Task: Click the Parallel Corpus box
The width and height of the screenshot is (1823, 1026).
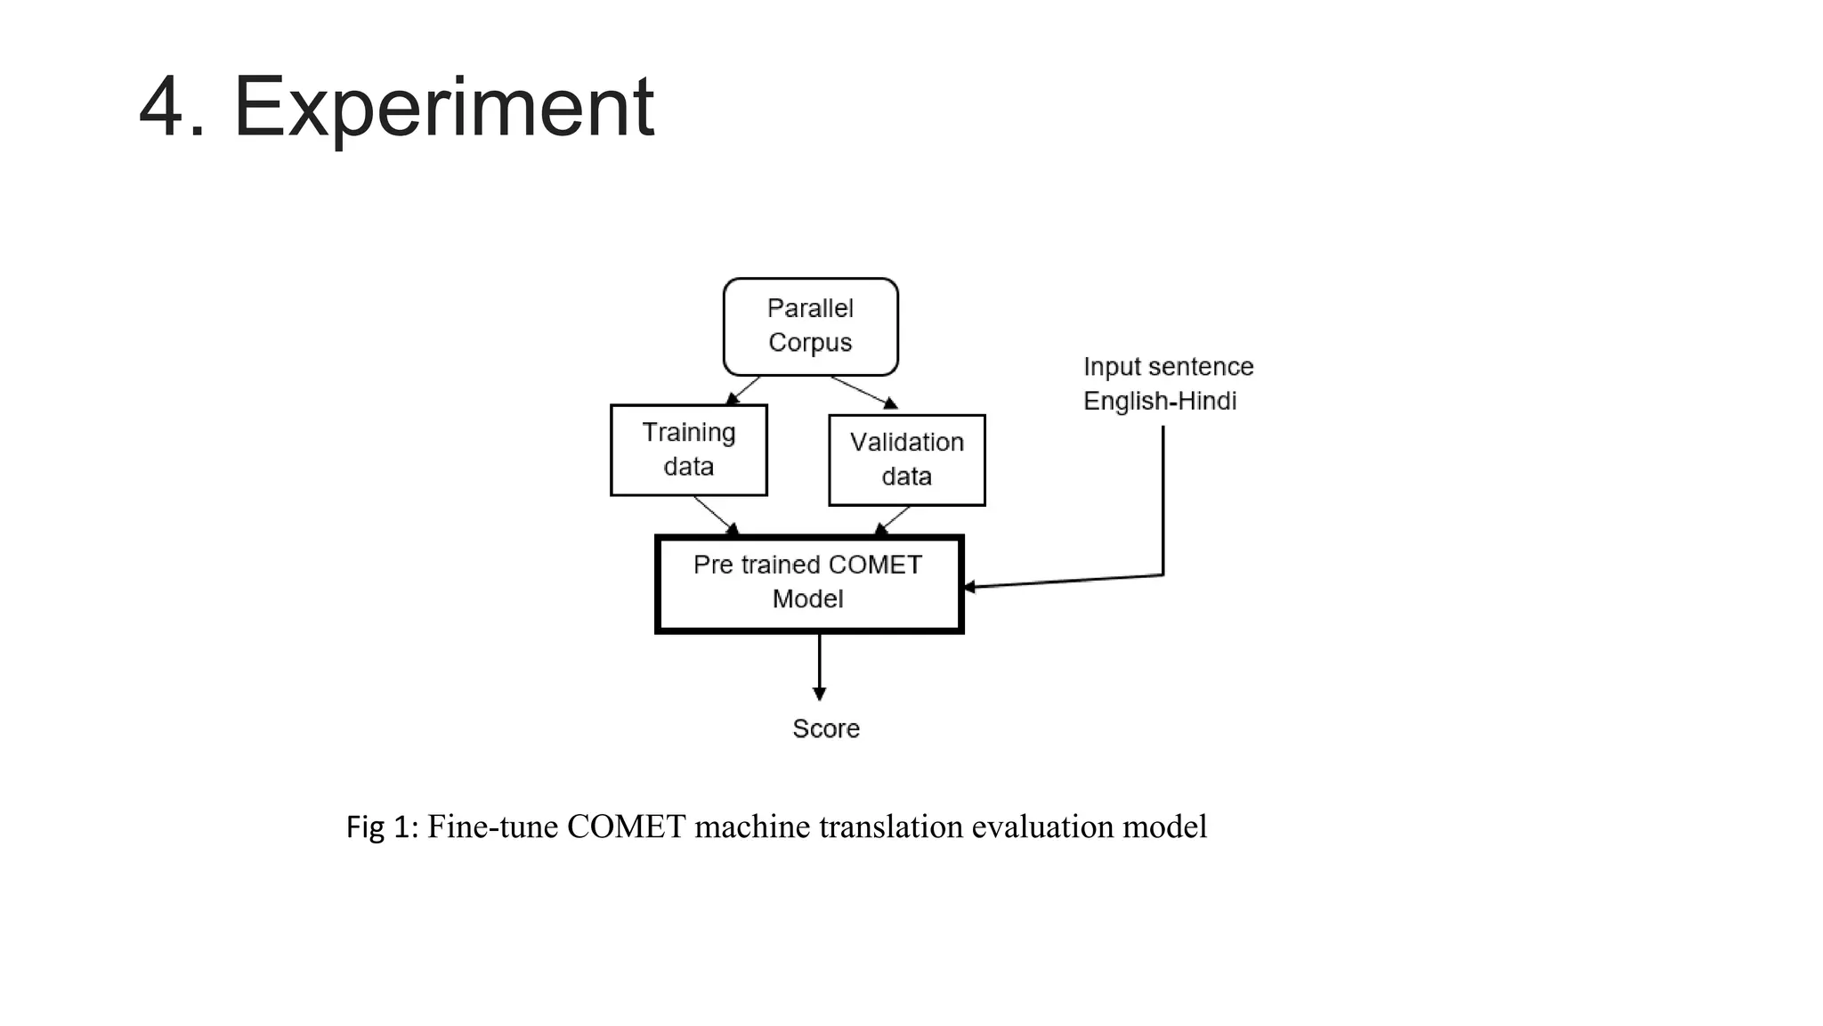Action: pyautogui.click(x=810, y=326)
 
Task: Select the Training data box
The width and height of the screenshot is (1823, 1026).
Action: pyautogui.click(x=688, y=450)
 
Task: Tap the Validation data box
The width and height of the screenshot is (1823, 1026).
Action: pyautogui.click(x=906, y=460)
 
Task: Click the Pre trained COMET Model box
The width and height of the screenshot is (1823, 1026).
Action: pyautogui.click(x=808, y=583)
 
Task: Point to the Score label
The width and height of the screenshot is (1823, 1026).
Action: pyautogui.click(x=825, y=729)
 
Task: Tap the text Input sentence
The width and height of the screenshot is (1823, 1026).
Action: pyautogui.click(x=1168, y=366)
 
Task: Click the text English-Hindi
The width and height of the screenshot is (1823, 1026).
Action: pyautogui.click(x=1160, y=401)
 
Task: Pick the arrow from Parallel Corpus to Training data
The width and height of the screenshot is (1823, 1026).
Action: pyautogui.click(x=744, y=390)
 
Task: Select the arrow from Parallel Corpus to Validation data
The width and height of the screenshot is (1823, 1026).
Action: pyautogui.click(x=863, y=392)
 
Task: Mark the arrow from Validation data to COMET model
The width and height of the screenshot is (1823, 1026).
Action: pyautogui.click(x=893, y=520)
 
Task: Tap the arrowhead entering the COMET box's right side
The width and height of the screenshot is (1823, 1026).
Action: pyautogui.click(x=970, y=586)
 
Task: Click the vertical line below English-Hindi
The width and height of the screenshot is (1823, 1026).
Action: pyautogui.click(x=1163, y=499)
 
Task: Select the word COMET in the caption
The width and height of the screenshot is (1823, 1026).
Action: pyautogui.click(x=626, y=826)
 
